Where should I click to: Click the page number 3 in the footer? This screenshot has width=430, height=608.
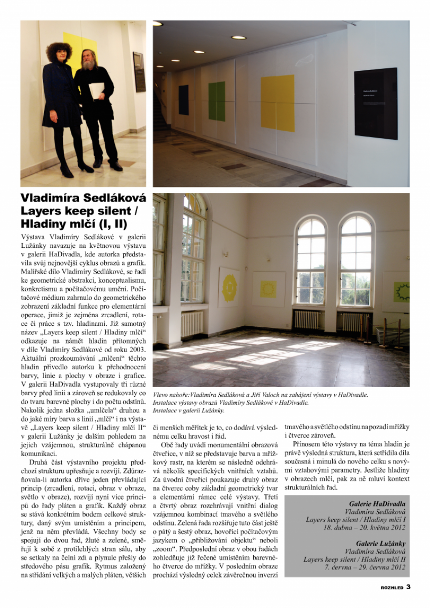408,588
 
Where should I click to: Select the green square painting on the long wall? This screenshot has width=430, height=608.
216,101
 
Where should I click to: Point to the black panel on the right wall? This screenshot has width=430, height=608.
375,103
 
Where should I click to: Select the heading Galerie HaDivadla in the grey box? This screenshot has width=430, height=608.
377,508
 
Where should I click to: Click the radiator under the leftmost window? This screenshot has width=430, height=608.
192,324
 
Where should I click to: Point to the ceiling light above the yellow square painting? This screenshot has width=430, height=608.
238,37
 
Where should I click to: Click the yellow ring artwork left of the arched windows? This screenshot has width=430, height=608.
230,287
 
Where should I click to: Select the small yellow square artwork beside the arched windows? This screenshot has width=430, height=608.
268,289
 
